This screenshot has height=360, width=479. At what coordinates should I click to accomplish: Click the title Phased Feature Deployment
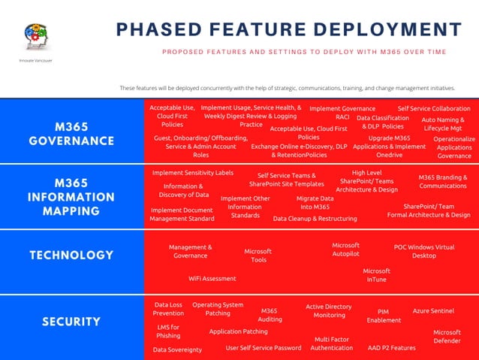[289, 29]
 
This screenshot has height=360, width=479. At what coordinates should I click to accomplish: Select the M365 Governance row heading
[72, 133]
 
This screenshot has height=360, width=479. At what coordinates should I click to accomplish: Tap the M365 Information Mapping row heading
[72, 197]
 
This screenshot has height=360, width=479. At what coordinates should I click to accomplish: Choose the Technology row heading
[72, 255]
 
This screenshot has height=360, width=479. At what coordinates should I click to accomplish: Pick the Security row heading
[72, 322]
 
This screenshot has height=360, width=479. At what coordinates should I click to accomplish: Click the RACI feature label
[342, 117]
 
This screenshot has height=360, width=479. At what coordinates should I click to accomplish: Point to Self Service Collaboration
[434, 108]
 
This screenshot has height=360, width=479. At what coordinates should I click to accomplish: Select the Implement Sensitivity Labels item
[192, 172]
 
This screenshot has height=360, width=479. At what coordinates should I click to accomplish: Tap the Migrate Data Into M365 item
[315, 202]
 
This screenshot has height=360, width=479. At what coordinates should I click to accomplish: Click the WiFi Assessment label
[212, 278]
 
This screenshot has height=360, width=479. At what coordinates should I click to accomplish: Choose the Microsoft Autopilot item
[346, 250]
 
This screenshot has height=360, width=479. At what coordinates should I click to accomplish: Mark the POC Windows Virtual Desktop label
[424, 251]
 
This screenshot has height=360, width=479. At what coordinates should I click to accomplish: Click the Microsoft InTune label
[376, 275]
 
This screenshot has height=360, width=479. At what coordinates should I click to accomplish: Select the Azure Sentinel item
[433, 310]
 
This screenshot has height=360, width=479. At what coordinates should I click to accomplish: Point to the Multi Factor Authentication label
[332, 343]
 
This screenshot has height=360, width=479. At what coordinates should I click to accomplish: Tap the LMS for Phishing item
[168, 331]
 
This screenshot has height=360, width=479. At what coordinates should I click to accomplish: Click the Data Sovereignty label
[177, 349]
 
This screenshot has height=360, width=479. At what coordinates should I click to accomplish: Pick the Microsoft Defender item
[447, 336]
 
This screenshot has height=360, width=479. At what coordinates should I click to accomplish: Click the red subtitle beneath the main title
[304, 52]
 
